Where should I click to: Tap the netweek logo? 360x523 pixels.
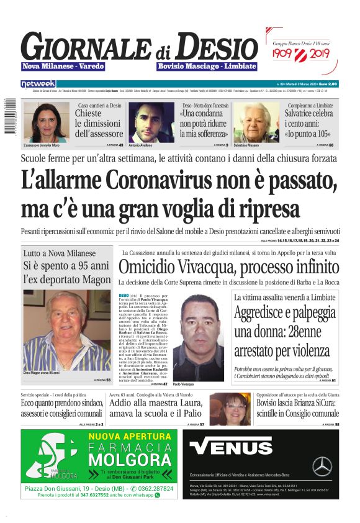(38, 83)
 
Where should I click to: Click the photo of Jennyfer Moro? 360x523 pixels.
(46, 121)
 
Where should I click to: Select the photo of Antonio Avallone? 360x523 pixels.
(151, 122)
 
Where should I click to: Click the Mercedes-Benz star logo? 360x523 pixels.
(322, 465)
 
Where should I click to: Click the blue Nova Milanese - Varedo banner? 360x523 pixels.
(63, 66)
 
